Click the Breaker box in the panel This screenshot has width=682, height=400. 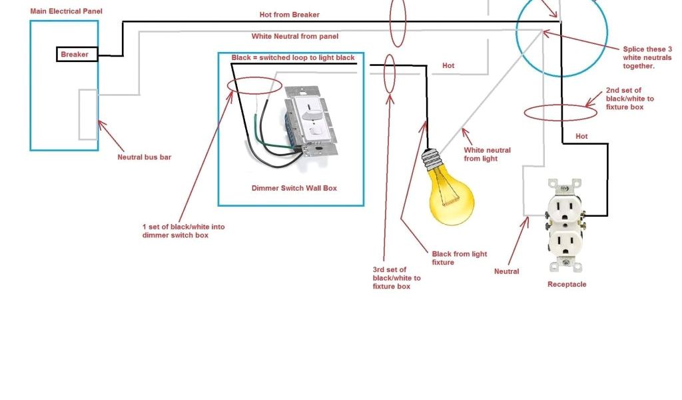[x=77, y=54]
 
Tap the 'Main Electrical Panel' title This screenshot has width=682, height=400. [x=66, y=11]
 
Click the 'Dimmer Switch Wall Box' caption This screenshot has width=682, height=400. [x=294, y=188]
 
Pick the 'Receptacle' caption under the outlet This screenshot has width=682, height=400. [x=567, y=284]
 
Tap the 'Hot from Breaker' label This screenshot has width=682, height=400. [x=289, y=15]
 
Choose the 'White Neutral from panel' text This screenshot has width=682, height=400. [x=294, y=36]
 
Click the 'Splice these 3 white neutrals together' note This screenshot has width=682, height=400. [x=647, y=57]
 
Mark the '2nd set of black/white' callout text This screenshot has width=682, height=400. [x=629, y=99]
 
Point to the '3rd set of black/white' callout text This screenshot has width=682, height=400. [x=396, y=278]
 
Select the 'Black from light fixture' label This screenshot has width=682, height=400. [x=459, y=258]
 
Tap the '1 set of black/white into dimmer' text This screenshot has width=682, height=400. [x=183, y=231]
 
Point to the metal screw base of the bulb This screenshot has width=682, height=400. [x=431, y=161]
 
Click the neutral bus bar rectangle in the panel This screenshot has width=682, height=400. [x=88, y=114]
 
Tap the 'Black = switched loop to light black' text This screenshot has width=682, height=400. [x=293, y=58]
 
